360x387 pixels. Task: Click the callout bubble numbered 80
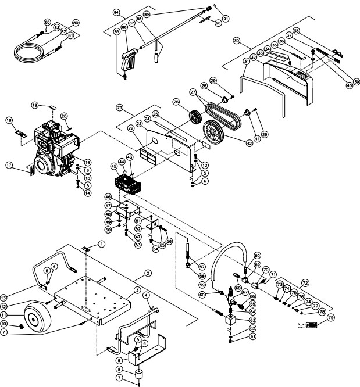[x=75, y=22]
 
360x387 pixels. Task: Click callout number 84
[x=116, y=12]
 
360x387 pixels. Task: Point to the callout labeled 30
[x=236, y=41]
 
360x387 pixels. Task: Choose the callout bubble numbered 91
[x=226, y=19]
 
